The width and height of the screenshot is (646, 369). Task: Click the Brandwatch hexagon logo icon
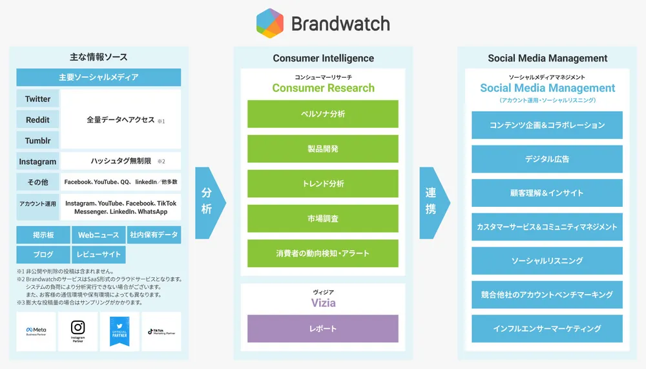[270, 23]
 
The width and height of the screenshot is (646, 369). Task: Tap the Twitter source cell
[37, 99]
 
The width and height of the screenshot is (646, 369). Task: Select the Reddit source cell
[37, 120]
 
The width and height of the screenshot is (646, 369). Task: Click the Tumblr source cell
[37, 141]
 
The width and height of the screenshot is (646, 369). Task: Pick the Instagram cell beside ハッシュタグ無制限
[37, 162]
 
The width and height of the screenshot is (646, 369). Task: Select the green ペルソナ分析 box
[323, 114]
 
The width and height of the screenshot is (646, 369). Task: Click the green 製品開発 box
[323, 149]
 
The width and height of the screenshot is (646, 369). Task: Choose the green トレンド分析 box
[323, 184]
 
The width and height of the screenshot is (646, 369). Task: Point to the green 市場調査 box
[323, 218]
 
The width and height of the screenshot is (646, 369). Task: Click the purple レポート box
[323, 328]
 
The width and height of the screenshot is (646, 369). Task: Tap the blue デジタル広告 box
[547, 159]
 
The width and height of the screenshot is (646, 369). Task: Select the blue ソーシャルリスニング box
[547, 260]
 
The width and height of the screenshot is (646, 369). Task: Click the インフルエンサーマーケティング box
[547, 328]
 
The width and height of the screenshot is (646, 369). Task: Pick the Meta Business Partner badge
[36, 332]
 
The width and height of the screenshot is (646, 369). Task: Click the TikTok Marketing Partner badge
[161, 332]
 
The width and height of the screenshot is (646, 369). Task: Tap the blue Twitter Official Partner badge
[120, 332]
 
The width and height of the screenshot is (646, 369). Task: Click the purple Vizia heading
[323, 302]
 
